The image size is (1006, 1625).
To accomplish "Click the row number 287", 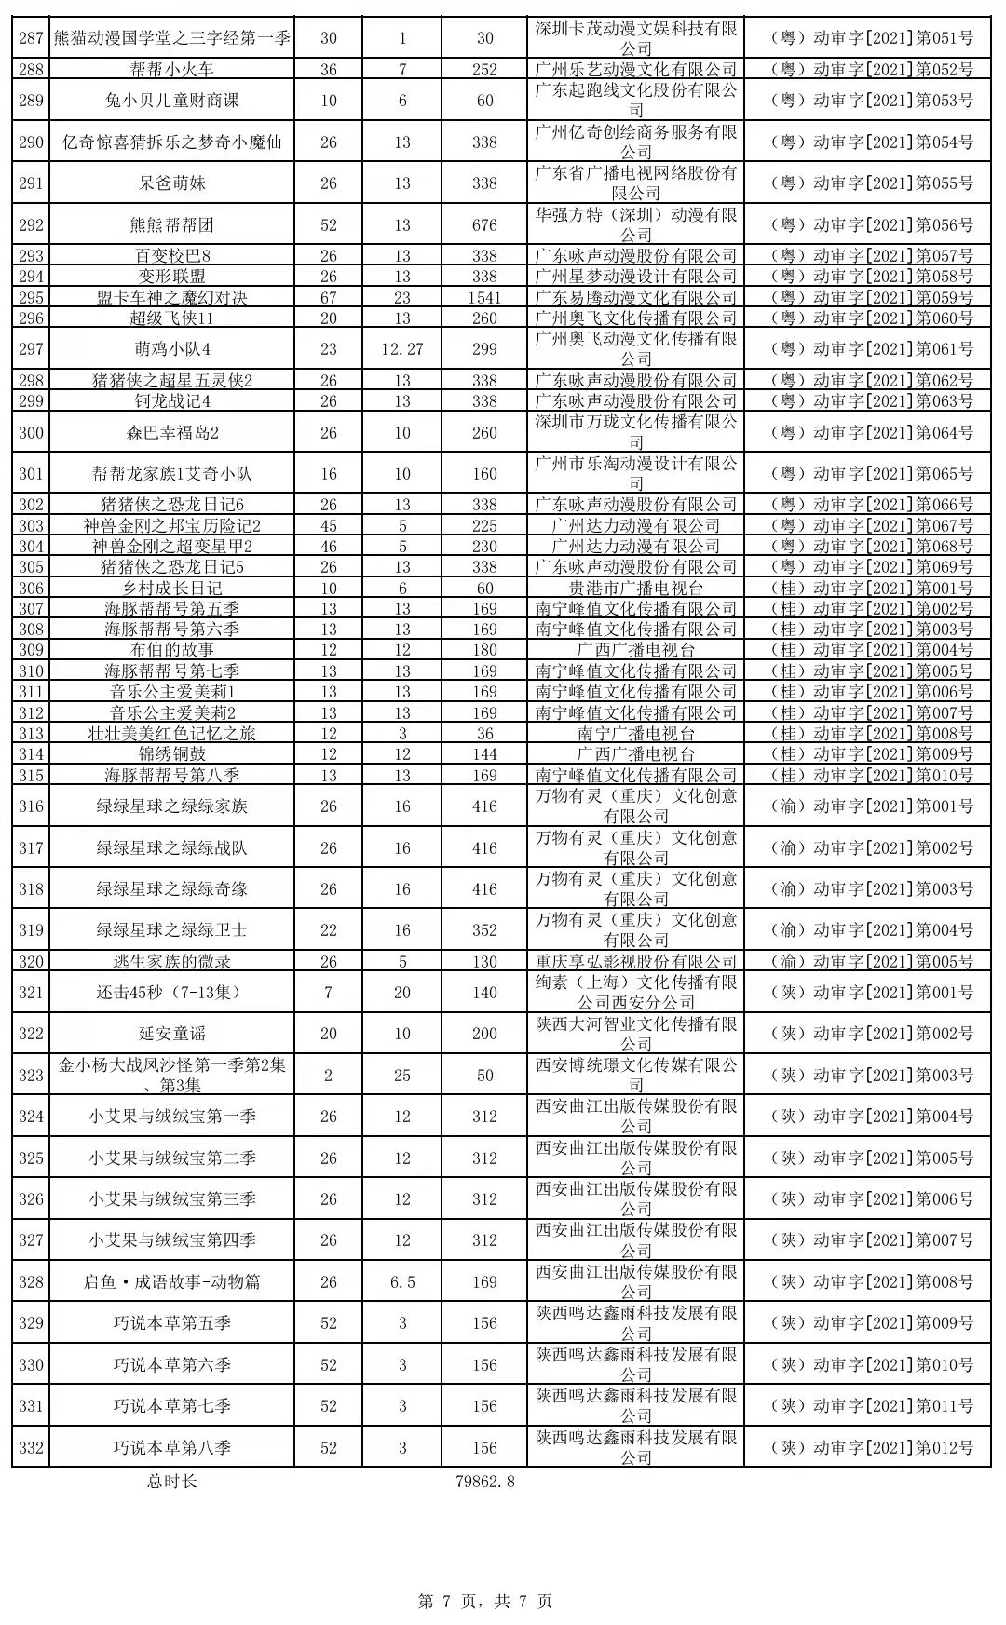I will click(31, 38).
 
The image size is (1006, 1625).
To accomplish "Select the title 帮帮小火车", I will click(172, 70).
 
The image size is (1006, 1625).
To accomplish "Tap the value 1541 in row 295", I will click(484, 298).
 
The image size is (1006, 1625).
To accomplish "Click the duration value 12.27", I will click(402, 349).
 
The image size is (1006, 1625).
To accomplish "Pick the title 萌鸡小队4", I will click(172, 349).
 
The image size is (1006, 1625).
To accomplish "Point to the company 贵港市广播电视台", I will click(635, 588).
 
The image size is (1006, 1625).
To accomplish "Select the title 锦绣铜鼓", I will click(172, 754).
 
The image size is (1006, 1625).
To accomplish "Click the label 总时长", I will click(172, 1482).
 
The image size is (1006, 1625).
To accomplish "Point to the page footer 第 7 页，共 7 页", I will click(484, 1601).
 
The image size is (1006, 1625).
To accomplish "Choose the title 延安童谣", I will click(172, 1034).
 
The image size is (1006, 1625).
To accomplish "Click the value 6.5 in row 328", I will click(402, 1282).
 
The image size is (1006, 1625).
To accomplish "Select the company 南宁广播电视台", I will click(635, 734).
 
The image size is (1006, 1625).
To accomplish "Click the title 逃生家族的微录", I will click(172, 962).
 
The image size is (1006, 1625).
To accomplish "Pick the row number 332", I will click(31, 1448).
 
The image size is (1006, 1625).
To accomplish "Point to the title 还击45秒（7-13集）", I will click(172, 993).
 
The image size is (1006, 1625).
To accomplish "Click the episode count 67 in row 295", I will click(329, 298).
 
